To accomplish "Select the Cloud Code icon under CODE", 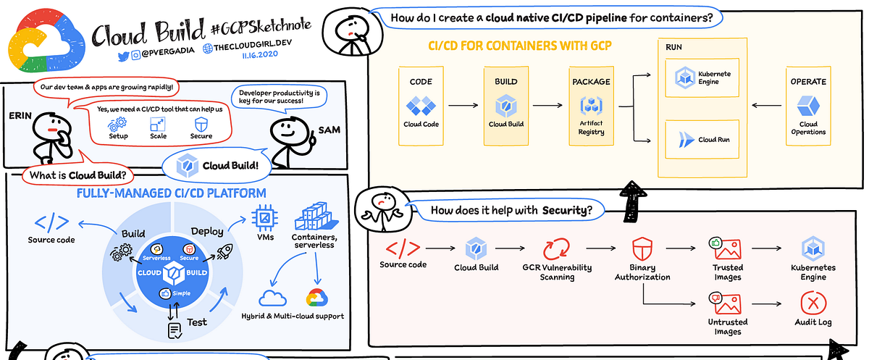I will click(x=421, y=107).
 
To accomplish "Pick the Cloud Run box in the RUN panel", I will click(x=702, y=140).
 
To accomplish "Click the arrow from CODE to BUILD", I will click(x=463, y=106).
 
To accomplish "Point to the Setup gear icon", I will click(x=118, y=125).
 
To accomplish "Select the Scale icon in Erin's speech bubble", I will click(x=159, y=125).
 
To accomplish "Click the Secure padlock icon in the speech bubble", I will click(x=201, y=125).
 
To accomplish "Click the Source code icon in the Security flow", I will click(x=403, y=248).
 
